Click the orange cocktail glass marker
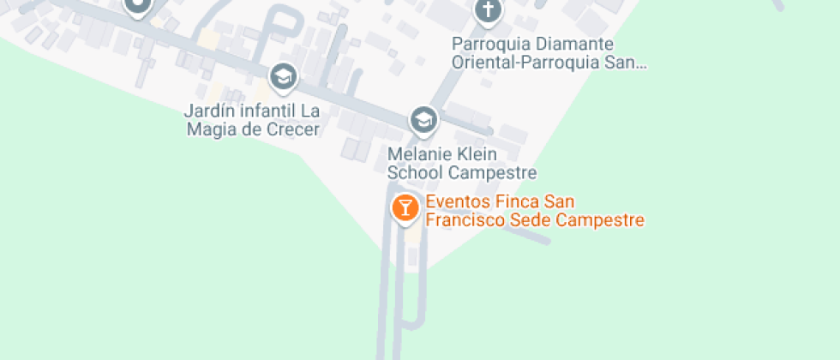click(405, 207)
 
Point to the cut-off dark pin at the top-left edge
click(137, 7)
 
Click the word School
click(416, 172)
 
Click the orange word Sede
click(529, 220)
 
